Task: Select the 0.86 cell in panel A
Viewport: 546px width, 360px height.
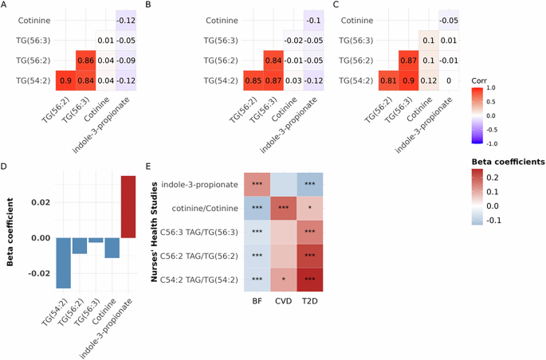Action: tap(86, 61)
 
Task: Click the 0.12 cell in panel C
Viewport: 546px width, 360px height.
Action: tap(428, 80)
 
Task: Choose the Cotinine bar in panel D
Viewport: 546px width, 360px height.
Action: tap(111, 248)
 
